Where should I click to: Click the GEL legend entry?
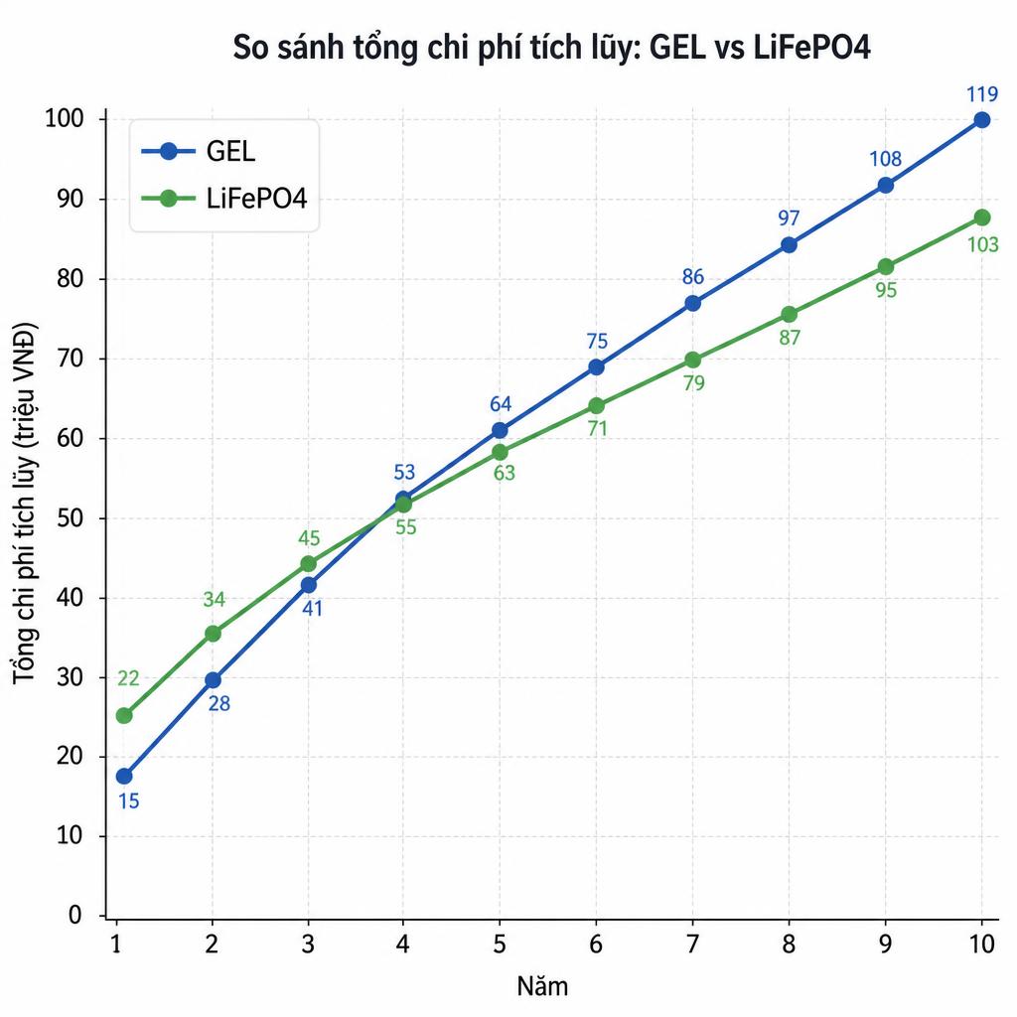tap(199, 151)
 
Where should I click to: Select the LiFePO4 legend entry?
tap(223, 199)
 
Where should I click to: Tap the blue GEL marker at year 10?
tap(982, 120)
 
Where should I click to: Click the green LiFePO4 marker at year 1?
tap(124, 715)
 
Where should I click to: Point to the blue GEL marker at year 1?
tap(124, 776)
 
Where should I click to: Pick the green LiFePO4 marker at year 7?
tap(692, 360)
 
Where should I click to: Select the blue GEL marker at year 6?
tap(596, 367)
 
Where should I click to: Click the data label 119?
tap(982, 94)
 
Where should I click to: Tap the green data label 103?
tap(982, 244)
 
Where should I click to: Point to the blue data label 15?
tap(128, 801)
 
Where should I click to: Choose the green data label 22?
tap(128, 678)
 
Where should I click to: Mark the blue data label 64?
tap(501, 404)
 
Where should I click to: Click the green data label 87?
tap(790, 338)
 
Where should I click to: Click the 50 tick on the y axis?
tap(71, 518)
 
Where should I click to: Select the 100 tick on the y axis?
tap(65, 119)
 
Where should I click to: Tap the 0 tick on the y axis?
tap(76, 915)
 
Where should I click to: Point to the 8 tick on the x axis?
tap(789, 944)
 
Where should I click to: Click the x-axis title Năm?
tap(543, 986)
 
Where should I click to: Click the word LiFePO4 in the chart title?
tap(811, 48)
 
